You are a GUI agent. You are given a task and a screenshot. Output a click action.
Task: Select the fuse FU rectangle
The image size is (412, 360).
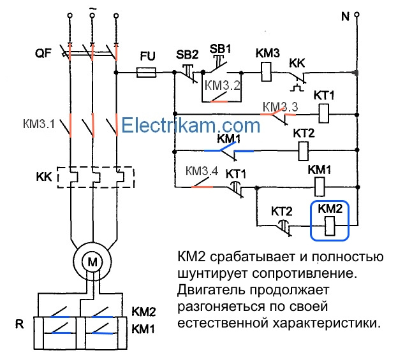click(x=148, y=73)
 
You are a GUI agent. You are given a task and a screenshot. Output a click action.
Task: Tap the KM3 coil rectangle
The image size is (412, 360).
click(x=267, y=73)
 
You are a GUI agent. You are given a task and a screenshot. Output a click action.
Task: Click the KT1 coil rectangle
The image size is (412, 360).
click(x=324, y=114)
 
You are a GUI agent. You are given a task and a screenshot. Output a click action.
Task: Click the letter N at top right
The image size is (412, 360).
click(x=345, y=16)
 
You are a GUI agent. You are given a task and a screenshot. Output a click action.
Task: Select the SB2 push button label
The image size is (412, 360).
click(x=187, y=54)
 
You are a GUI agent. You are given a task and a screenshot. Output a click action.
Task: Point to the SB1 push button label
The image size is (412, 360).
click(x=218, y=48)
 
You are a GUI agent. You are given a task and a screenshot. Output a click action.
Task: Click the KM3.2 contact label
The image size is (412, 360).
click(x=223, y=85)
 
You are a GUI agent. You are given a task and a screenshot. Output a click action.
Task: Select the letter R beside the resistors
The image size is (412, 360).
click(x=20, y=324)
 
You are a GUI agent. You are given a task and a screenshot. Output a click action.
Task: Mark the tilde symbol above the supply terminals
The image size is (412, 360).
click(x=93, y=8)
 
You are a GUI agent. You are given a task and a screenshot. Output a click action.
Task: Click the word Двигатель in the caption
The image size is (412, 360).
click(x=210, y=290)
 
